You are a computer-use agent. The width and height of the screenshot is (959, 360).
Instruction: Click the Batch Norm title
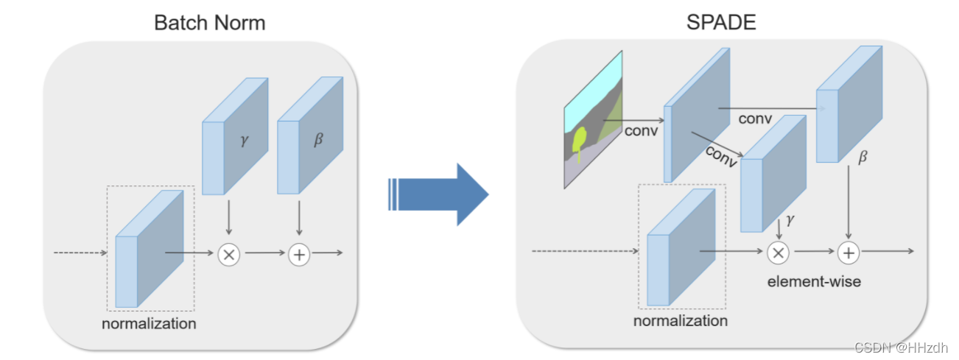[x=209, y=22]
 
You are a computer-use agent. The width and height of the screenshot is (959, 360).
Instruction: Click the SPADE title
[x=720, y=22]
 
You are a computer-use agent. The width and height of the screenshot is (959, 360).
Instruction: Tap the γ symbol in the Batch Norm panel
[x=245, y=140]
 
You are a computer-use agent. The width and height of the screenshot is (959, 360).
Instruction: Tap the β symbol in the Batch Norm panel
[x=318, y=139]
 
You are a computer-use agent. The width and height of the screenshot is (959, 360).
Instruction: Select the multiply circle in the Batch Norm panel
[x=228, y=255]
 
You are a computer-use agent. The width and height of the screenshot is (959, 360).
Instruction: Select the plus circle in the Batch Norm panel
[x=299, y=255]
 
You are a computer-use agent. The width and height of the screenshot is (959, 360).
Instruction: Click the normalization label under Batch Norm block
[x=149, y=323]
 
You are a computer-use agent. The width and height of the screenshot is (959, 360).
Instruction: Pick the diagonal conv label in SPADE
[x=722, y=155]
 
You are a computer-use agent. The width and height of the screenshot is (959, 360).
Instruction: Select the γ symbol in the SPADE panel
[x=790, y=219]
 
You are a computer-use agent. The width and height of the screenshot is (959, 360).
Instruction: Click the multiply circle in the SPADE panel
[x=778, y=253]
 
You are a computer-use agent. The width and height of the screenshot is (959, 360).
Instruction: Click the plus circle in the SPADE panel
[x=849, y=253]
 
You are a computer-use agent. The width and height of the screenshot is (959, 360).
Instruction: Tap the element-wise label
[x=813, y=281]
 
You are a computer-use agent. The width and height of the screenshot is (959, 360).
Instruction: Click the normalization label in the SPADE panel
[x=680, y=321]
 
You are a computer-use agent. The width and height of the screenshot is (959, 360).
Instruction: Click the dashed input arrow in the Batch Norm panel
[x=81, y=253]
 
